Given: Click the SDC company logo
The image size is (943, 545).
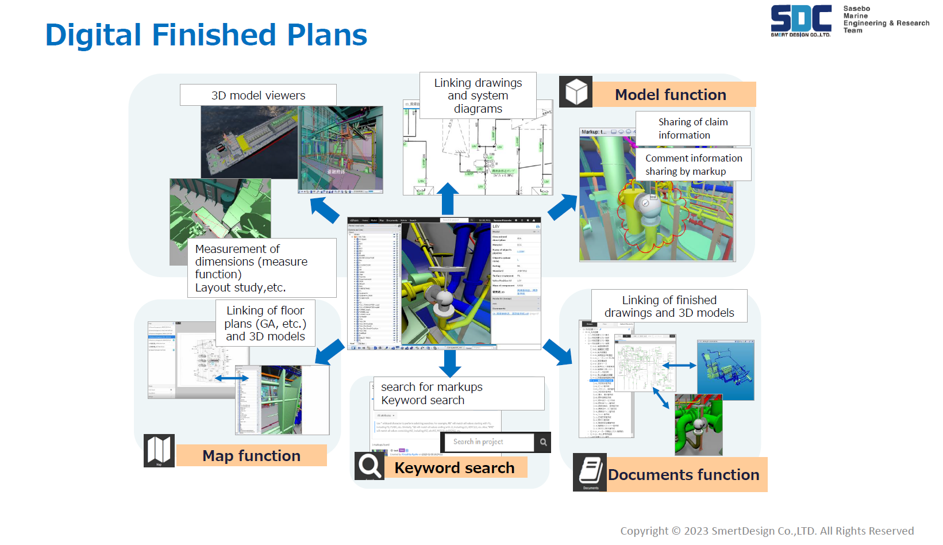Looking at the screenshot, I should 800,20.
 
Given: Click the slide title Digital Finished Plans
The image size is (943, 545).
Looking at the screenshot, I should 206,35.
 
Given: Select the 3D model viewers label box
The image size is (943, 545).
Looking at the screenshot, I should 258,95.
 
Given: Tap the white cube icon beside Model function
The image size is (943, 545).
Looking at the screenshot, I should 576,92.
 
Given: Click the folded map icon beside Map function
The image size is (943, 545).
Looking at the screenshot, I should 159,450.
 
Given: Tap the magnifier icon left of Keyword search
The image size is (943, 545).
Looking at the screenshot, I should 369,466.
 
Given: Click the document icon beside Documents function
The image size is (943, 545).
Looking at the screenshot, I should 590,473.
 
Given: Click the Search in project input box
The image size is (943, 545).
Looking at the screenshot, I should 488,442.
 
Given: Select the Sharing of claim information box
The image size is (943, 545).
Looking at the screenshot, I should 692,128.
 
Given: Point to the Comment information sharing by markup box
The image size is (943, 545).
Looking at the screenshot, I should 693,164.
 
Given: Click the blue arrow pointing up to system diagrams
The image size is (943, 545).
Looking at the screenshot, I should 448,198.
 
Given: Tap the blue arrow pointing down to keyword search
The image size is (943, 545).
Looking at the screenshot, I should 450,363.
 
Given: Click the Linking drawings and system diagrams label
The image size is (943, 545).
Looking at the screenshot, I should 478,95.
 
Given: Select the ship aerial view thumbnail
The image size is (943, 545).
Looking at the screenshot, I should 249,143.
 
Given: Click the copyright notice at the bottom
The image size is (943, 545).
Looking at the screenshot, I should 767,531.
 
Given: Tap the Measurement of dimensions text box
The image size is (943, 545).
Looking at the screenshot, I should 261,268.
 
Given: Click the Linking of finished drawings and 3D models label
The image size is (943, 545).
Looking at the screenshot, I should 669,306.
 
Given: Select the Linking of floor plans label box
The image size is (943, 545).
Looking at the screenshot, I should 265,323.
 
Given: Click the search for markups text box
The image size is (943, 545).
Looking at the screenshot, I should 458,393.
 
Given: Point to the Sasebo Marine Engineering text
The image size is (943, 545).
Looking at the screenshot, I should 885,20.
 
